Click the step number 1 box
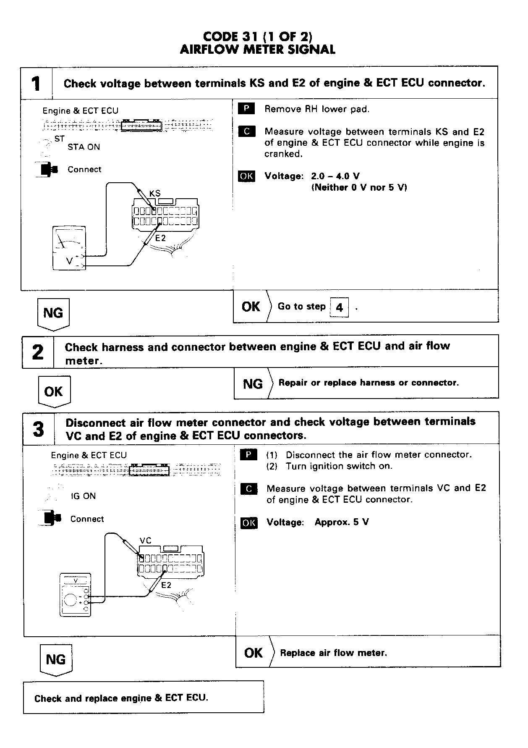[x=37, y=83]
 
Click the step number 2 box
[x=38, y=352]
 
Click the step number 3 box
[x=39, y=429]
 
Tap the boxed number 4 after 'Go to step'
[x=340, y=307]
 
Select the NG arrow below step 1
[x=53, y=313]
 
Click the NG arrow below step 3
[x=56, y=660]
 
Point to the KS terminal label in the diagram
[x=155, y=194]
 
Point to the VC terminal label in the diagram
[x=146, y=541]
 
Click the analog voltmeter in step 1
[x=69, y=248]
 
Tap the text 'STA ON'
[x=84, y=147]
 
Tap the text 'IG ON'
[x=83, y=496]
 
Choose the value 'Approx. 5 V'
[x=342, y=522]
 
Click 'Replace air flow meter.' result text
[x=333, y=653]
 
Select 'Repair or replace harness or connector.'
[x=369, y=383]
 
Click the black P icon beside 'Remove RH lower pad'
[x=246, y=109]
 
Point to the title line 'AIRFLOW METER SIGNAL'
[x=257, y=50]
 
